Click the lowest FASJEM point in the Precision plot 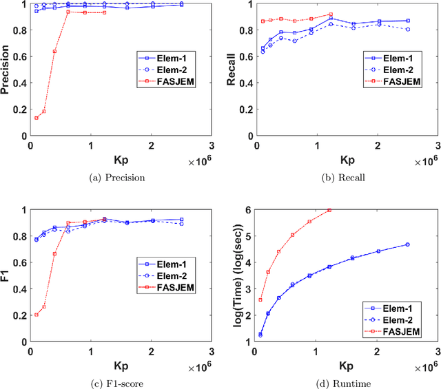click(x=36, y=118)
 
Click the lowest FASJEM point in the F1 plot click(x=36, y=315)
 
